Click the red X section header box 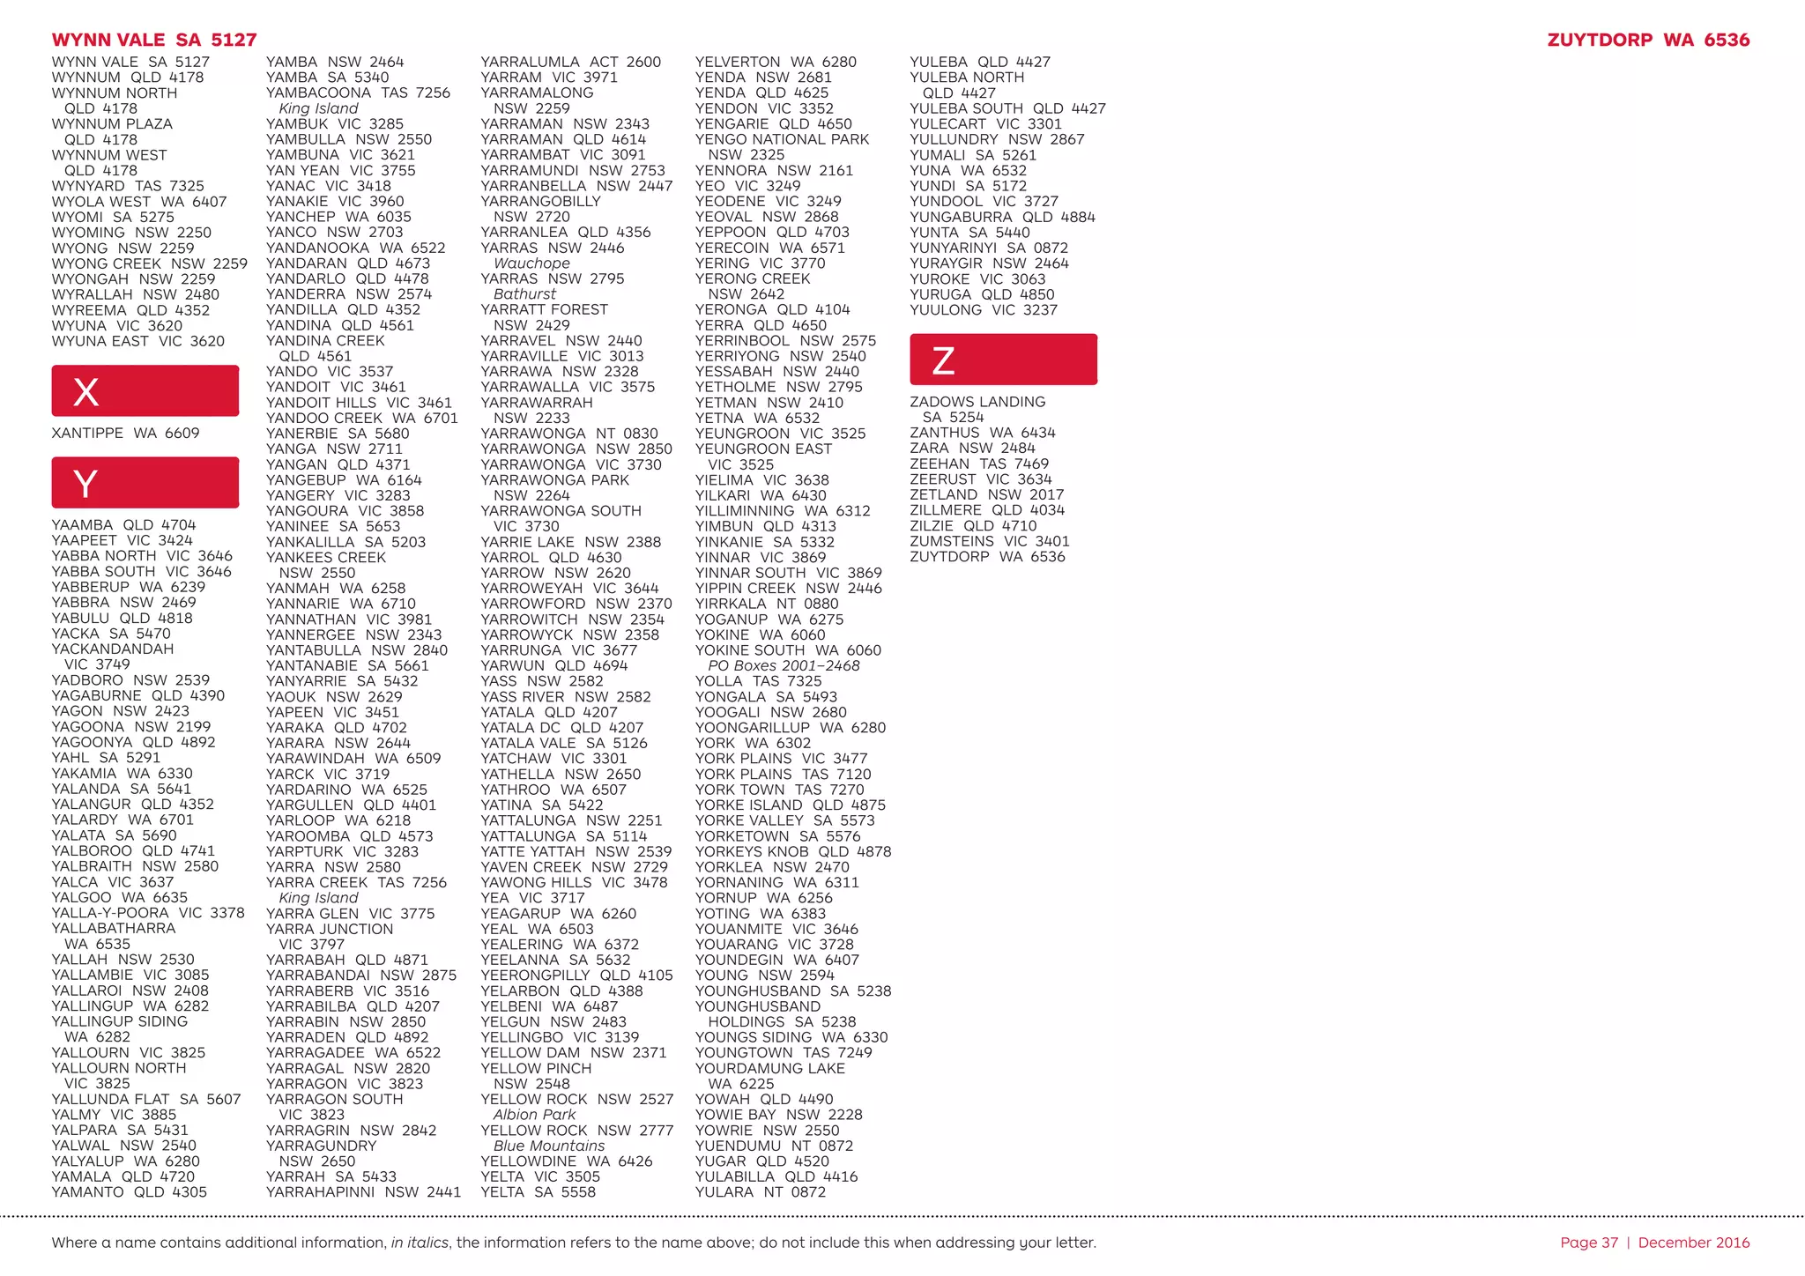[x=145, y=390]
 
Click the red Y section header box [x=145, y=482]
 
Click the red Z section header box [x=1003, y=360]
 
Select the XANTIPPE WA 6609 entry [x=125, y=434]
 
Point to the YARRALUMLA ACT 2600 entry [x=570, y=63]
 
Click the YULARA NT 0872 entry [x=760, y=1192]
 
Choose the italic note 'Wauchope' [x=531, y=263]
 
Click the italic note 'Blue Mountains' [x=549, y=1146]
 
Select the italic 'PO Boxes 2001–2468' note [x=784, y=666]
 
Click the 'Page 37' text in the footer [x=1589, y=1243]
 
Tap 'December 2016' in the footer [x=1694, y=1243]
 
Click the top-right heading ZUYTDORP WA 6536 [x=1648, y=40]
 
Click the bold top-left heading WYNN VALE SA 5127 [x=154, y=40]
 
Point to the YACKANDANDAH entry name [x=113, y=649]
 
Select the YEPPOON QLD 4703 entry [x=772, y=233]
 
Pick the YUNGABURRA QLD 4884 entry [x=1002, y=218]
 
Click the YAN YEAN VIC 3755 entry [x=340, y=171]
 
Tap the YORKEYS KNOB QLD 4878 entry [x=792, y=852]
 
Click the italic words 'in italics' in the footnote [x=420, y=1243]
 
